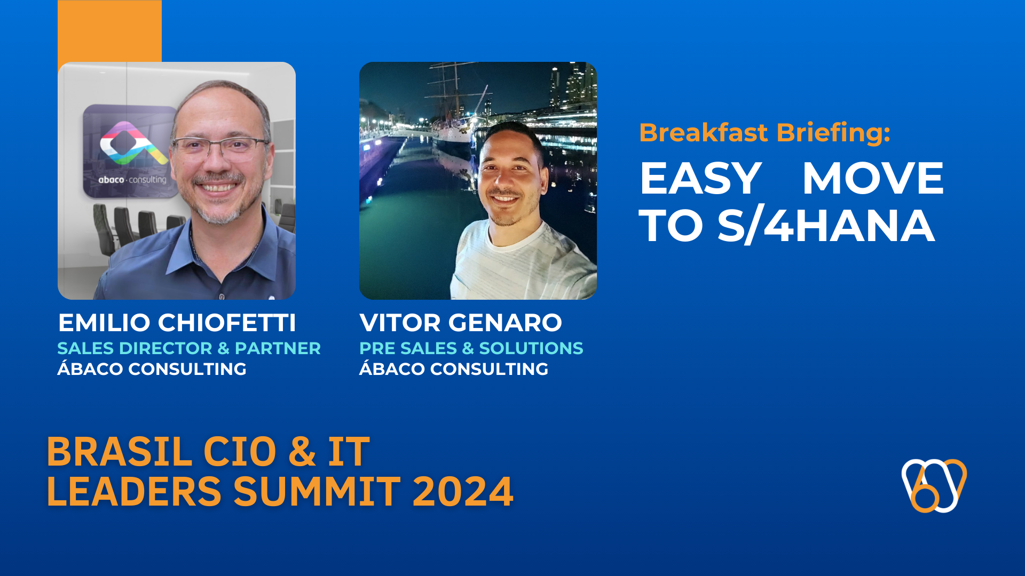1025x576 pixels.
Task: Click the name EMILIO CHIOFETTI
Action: [177, 323]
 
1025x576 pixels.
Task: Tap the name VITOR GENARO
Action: [461, 323]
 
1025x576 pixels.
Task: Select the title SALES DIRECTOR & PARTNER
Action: [189, 348]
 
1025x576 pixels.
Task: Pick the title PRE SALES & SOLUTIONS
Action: [471, 348]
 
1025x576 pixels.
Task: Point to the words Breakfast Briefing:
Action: [764, 133]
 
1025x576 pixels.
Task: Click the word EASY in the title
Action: [700, 178]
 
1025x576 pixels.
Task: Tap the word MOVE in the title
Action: [873, 178]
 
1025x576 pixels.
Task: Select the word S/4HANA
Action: [826, 225]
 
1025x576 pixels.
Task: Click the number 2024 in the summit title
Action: [463, 491]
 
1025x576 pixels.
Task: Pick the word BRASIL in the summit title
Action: [120, 452]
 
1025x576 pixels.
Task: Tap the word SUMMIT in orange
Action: [317, 491]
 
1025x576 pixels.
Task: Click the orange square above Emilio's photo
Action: [109, 31]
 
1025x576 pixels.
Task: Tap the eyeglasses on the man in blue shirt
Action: [220, 148]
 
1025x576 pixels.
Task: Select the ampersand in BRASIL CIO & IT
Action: [302, 452]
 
